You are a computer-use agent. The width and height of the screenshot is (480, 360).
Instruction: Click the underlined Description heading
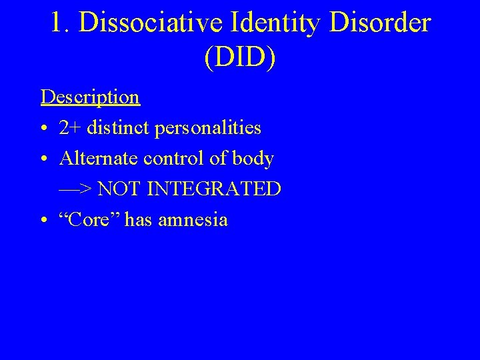[x=90, y=97]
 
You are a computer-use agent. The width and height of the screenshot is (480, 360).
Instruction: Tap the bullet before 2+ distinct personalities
[x=44, y=129]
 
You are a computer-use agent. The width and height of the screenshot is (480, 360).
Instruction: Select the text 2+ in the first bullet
[x=69, y=128]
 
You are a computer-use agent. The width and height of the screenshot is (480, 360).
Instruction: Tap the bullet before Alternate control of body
[x=44, y=159]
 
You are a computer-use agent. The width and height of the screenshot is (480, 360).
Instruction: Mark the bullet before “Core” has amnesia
[x=44, y=221]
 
